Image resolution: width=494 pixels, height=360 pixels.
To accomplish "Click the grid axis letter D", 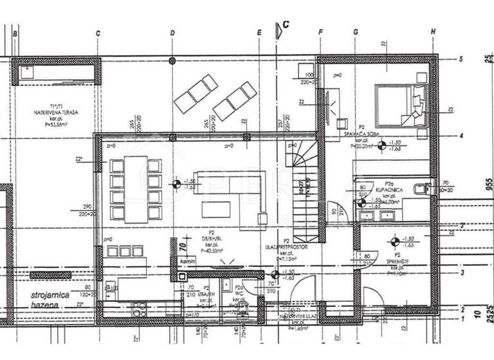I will pos(172,33).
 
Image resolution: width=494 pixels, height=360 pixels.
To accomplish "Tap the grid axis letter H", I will pos(434,32).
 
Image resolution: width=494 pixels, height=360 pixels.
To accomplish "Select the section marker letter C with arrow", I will pos(284,26).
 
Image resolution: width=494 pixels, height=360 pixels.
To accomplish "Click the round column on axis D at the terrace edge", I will pos(172,61).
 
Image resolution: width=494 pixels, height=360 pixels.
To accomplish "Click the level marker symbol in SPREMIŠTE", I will pos(394,242).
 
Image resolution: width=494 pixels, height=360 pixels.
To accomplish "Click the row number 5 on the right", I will pos(461,59).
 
